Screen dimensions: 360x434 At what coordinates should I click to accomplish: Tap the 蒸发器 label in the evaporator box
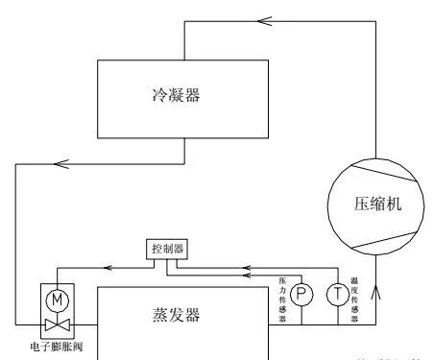[183, 315]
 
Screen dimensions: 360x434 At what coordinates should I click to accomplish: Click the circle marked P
[303, 294]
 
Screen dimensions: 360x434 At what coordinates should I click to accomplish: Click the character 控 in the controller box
[156, 249]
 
